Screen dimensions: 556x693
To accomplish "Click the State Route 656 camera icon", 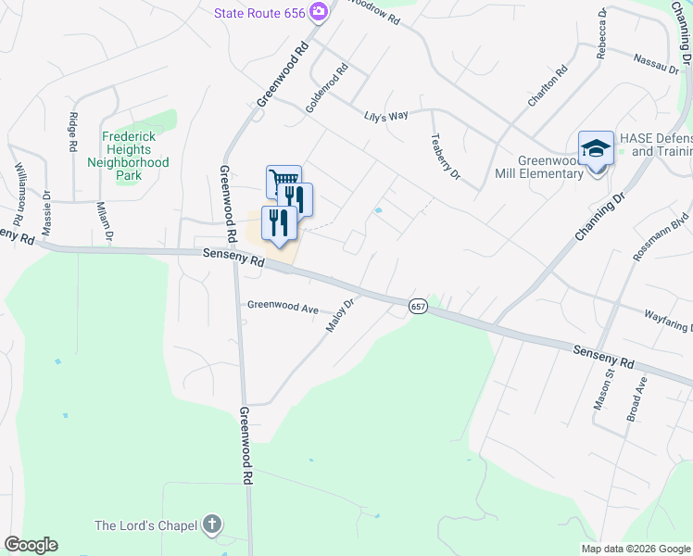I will point(319,12).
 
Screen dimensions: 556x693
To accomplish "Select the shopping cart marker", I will point(283,181).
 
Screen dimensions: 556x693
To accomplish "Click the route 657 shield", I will point(418,306).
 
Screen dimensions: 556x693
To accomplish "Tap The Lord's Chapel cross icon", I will point(212,525).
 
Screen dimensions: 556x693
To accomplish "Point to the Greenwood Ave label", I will point(283,306).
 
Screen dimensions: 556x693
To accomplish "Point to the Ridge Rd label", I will point(72,132).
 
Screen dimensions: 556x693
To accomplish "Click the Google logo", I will point(31,545).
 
